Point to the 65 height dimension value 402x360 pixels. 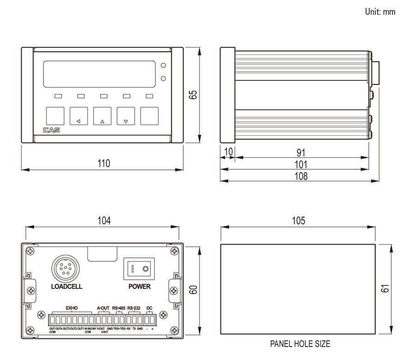(194, 95)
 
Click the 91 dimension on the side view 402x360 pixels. (301, 152)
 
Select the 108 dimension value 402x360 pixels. (301, 176)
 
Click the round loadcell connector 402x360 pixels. (64, 268)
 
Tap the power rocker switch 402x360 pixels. (139, 268)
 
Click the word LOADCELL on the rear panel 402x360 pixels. (67, 287)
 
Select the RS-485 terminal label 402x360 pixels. (119, 308)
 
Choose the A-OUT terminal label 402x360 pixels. (103, 308)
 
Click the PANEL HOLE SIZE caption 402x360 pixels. (300, 344)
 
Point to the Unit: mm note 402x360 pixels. (380, 12)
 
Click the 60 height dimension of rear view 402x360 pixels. (194, 290)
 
